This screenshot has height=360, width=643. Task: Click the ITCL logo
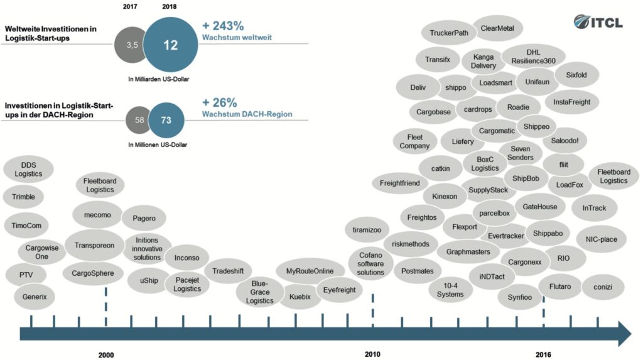(598, 22)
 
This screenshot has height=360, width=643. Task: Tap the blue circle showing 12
(171, 45)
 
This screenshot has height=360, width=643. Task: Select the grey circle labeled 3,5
(131, 45)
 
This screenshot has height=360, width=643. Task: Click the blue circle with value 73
(166, 120)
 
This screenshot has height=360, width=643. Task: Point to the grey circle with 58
(138, 120)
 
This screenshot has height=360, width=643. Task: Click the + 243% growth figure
(223, 26)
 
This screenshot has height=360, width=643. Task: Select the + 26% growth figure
(219, 102)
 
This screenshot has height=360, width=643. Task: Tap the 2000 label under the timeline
(106, 355)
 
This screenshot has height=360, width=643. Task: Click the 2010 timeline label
(372, 354)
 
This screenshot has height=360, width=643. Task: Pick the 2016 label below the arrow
(543, 355)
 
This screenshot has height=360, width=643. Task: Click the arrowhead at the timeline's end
(625, 334)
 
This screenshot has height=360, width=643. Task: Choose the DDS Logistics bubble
(28, 169)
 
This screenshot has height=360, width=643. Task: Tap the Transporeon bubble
(94, 246)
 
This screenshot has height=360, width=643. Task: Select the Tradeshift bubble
(228, 271)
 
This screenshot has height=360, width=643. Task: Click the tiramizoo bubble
(367, 230)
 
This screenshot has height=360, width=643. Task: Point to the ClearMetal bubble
(497, 28)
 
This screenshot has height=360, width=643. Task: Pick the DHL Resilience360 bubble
(534, 57)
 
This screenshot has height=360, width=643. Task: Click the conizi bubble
(603, 287)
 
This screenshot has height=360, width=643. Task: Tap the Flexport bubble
(465, 227)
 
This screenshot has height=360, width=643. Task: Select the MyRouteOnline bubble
(310, 271)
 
